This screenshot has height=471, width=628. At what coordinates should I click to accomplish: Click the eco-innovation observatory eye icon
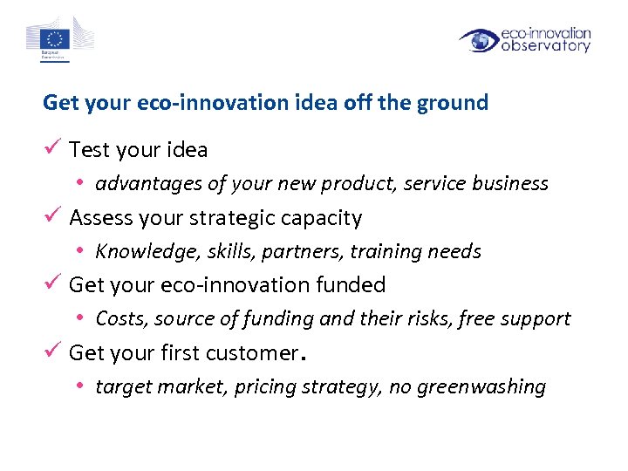pyautogui.click(x=479, y=40)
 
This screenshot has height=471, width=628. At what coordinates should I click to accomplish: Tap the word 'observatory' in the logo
pyautogui.click(x=546, y=46)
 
